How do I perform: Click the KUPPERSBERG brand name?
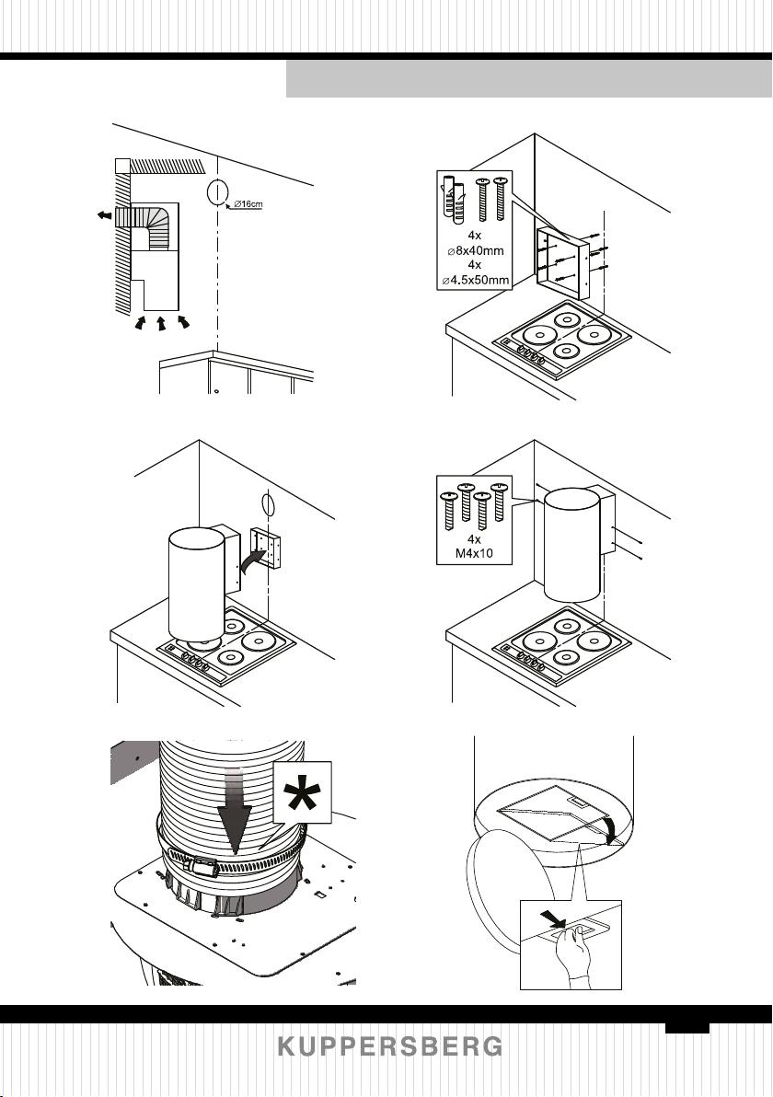pos(390,1046)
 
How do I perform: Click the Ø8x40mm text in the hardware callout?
pos(475,250)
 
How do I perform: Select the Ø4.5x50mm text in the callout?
pos(475,282)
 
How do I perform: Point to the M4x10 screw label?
pos(474,553)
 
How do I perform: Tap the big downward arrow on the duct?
pos(235,812)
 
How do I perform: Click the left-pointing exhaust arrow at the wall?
pos(104,214)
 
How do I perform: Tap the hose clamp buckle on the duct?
pos(201,867)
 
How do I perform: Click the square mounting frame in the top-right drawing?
pos(560,262)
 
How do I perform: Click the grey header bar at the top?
pos(529,79)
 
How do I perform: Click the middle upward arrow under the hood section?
pos(161,323)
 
